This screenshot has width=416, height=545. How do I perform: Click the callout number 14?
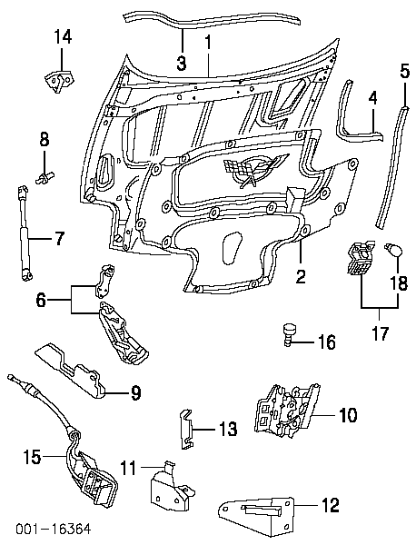pyautogui.click(x=63, y=37)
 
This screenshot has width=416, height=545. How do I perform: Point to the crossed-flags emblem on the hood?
pyautogui.click(x=253, y=168)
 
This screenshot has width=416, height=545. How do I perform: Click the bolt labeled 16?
pyautogui.click(x=289, y=334)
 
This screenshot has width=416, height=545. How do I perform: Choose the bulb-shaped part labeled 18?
pyautogui.click(x=393, y=250)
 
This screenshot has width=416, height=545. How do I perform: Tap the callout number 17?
pyautogui.click(x=380, y=332)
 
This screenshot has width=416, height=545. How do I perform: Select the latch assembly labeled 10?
pyautogui.click(x=286, y=409)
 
